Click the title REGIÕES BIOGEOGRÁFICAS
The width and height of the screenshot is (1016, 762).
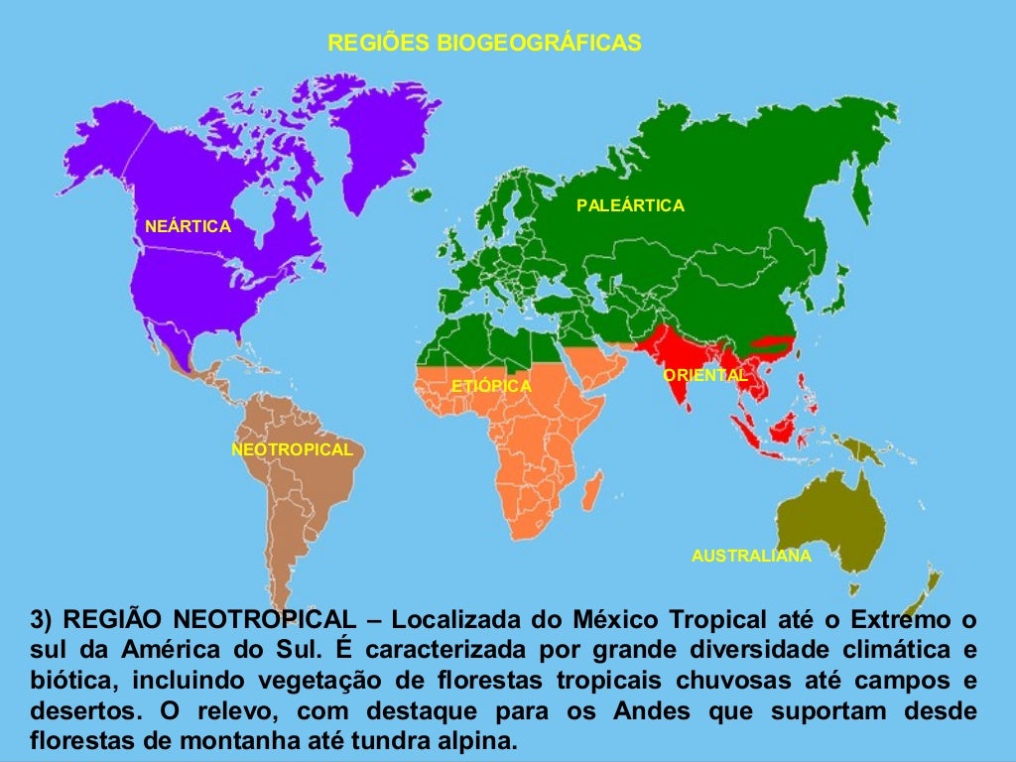click(x=484, y=43)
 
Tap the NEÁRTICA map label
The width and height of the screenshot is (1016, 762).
click(x=188, y=226)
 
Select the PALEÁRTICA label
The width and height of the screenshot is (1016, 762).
click(x=630, y=205)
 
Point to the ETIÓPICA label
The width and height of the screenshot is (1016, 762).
click(x=491, y=385)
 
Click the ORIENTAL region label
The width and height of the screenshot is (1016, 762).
click(x=704, y=375)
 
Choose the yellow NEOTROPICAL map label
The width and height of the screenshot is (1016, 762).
click(x=292, y=449)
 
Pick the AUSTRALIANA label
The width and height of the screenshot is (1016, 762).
click(x=751, y=556)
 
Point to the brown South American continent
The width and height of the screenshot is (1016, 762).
click(x=298, y=496)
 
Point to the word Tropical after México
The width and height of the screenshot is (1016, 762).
click(x=717, y=621)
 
